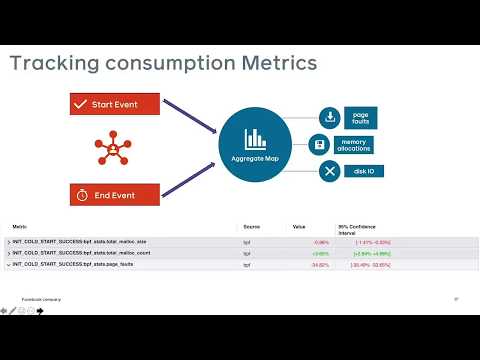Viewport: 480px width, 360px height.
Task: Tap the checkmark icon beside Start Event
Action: (81, 104)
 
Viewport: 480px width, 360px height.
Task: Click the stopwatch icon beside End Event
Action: (81, 194)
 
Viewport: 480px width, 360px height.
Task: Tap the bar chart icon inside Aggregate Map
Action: (254, 139)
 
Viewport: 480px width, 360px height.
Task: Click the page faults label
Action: (362, 118)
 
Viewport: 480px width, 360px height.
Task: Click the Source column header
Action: (251, 227)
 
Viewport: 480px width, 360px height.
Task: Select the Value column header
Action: (299, 227)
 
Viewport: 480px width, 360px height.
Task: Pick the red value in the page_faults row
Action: (320, 265)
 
